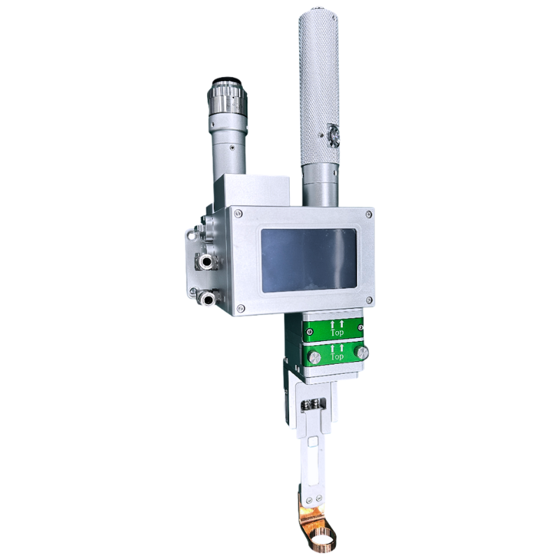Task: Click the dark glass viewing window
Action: pos(309,260)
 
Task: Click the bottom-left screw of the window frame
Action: pos(241,308)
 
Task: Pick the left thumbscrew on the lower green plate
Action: pos(311,358)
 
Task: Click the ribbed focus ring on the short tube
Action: pos(227,105)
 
